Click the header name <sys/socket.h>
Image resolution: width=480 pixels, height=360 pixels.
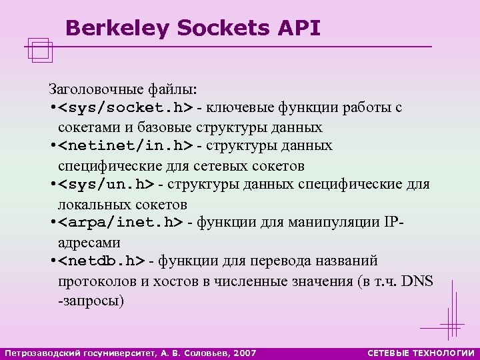pyautogui.click(x=125, y=108)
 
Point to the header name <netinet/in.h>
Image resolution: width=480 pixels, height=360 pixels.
pyautogui.click(x=125, y=145)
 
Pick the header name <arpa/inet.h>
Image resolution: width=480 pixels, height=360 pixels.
pyautogui.click(x=121, y=222)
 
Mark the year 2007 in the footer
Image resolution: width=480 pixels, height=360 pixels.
pyautogui.click(x=243, y=352)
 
